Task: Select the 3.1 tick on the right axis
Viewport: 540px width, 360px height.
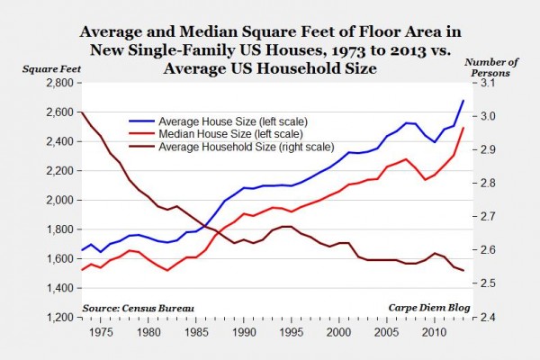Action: [x=483, y=83]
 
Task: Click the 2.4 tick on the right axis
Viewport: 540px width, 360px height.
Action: [x=483, y=318]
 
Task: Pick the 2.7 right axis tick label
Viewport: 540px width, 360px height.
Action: [x=483, y=217]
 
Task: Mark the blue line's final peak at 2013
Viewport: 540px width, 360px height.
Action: [x=463, y=100]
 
